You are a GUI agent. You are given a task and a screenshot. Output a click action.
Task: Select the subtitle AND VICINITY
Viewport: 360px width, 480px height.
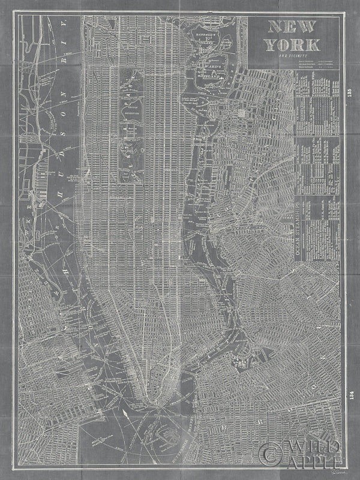click(x=293, y=56)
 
